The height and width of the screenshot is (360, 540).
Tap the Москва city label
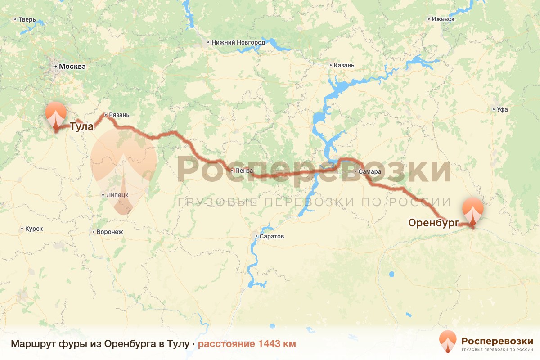pos(72,67)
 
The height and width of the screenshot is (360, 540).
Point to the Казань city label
pos(344,65)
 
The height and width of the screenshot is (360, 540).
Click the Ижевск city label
pos(443,19)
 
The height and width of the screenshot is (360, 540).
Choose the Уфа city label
pos(503,109)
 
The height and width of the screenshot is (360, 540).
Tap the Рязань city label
pos(119,115)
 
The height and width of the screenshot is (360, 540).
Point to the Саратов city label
pos(272,236)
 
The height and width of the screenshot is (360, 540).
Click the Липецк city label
pos(117,195)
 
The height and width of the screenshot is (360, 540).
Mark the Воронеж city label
pos(109,232)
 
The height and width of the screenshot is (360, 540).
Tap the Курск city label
pos(34,229)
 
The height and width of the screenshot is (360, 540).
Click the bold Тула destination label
pos(81,126)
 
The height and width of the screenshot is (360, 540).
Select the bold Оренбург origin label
pos(433,222)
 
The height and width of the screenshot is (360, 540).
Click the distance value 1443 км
pos(276,344)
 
